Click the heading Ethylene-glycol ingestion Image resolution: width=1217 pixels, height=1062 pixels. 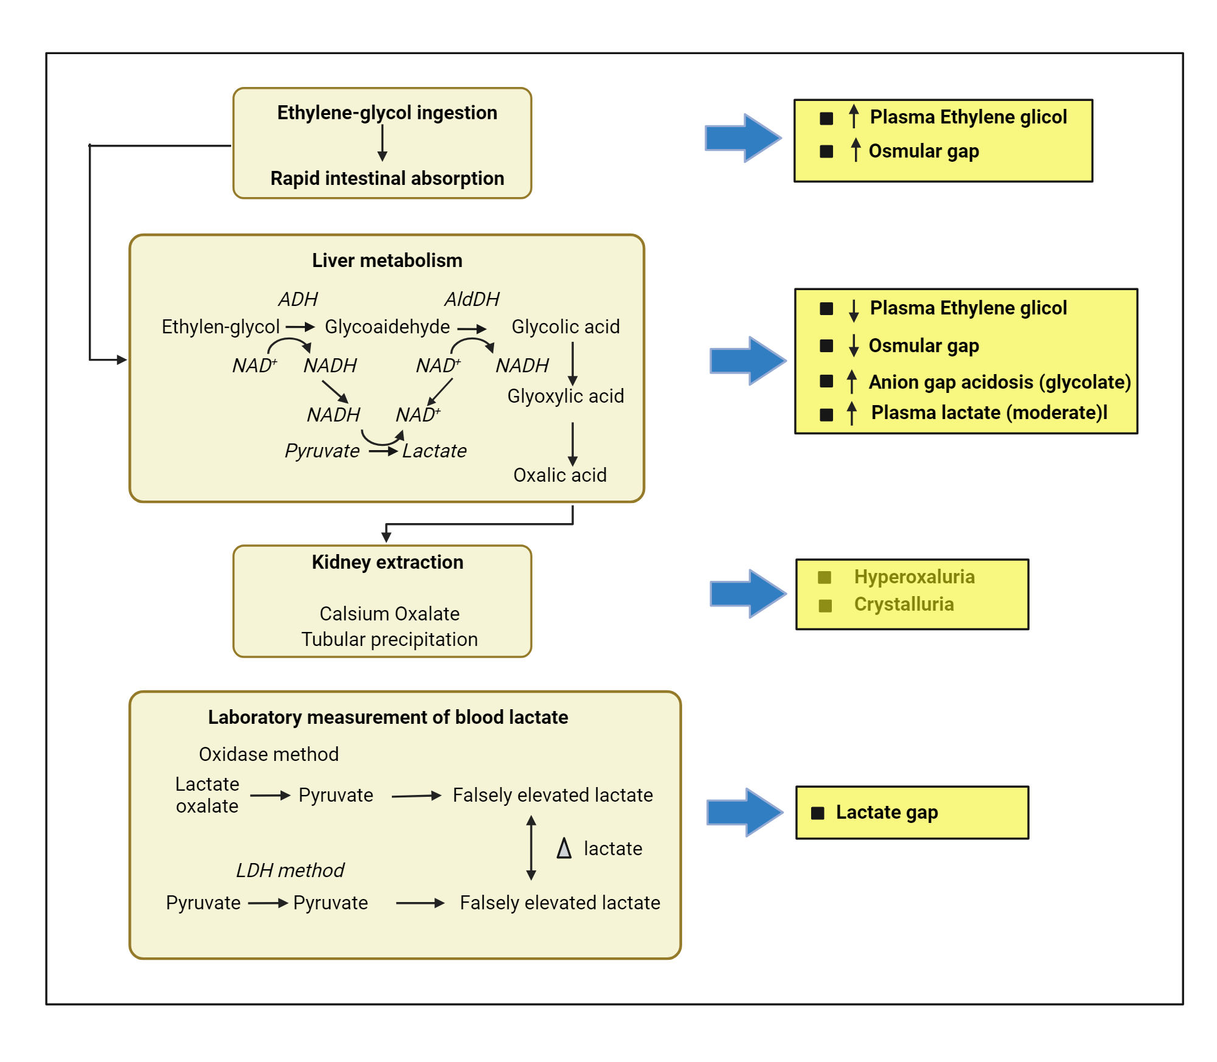pyautogui.click(x=387, y=113)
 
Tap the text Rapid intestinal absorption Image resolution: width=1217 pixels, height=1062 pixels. pyautogui.click(x=387, y=178)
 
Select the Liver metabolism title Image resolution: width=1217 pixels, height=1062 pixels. pyautogui.click(x=387, y=260)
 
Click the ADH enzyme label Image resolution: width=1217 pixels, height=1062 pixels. pyautogui.click(x=298, y=299)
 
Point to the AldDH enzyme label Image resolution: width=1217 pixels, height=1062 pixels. pyautogui.click(x=472, y=299)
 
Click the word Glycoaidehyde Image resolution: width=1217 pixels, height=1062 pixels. pyautogui.click(x=387, y=327)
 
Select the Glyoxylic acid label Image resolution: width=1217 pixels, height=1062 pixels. pyautogui.click(x=565, y=396)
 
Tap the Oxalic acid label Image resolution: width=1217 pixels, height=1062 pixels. pyautogui.click(x=560, y=475)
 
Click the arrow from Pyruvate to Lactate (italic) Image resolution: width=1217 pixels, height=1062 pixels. pyautogui.click(x=383, y=451)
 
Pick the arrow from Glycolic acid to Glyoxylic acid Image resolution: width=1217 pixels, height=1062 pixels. pyautogui.click(x=573, y=363)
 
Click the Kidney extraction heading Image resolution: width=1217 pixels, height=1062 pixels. pyautogui.click(x=387, y=562)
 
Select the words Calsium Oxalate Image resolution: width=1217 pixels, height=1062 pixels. pyautogui.click(x=389, y=614)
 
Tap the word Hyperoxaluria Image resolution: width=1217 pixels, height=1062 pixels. pyautogui.click(x=914, y=577)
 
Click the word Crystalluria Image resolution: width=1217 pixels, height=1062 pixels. pyautogui.click(x=904, y=604)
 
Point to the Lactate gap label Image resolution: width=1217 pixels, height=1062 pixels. pyautogui.click(x=887, y=812)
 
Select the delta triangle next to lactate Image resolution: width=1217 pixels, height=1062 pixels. pyautogui.click(x=564, y=848)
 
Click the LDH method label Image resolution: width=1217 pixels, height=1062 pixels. pyautogui.click(x=290, y=870)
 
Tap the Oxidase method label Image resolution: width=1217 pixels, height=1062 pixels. pyautogui.click(x=268, y=754)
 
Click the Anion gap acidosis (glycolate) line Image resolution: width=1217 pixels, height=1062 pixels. pyautogui.click(x=999, y=382)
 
